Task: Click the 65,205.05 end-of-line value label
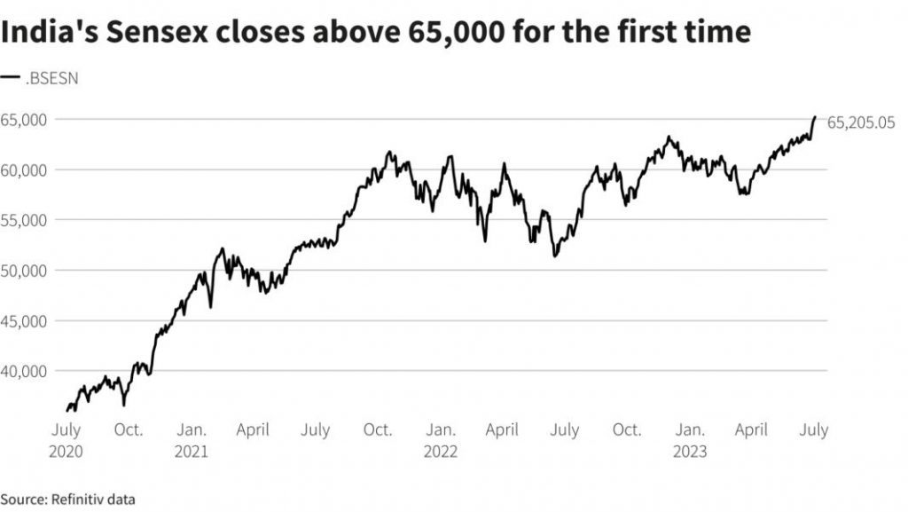861,123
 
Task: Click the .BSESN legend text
52,78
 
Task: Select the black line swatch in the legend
11,78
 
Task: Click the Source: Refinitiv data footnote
67,500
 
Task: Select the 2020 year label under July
67,452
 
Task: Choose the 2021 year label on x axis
192,452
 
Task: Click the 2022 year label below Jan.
441,452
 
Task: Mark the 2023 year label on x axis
690,452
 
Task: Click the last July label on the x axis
813,430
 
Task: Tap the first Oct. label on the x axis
129,430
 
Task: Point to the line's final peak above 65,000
815,117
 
